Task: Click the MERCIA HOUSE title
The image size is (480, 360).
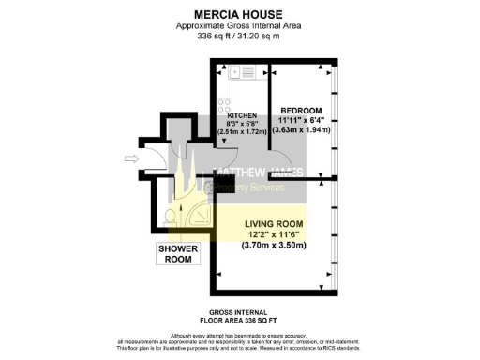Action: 240,14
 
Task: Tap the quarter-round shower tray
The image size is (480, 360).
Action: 200,217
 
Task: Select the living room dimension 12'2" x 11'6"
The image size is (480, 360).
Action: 279,234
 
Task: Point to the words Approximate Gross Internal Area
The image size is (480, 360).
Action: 240,26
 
